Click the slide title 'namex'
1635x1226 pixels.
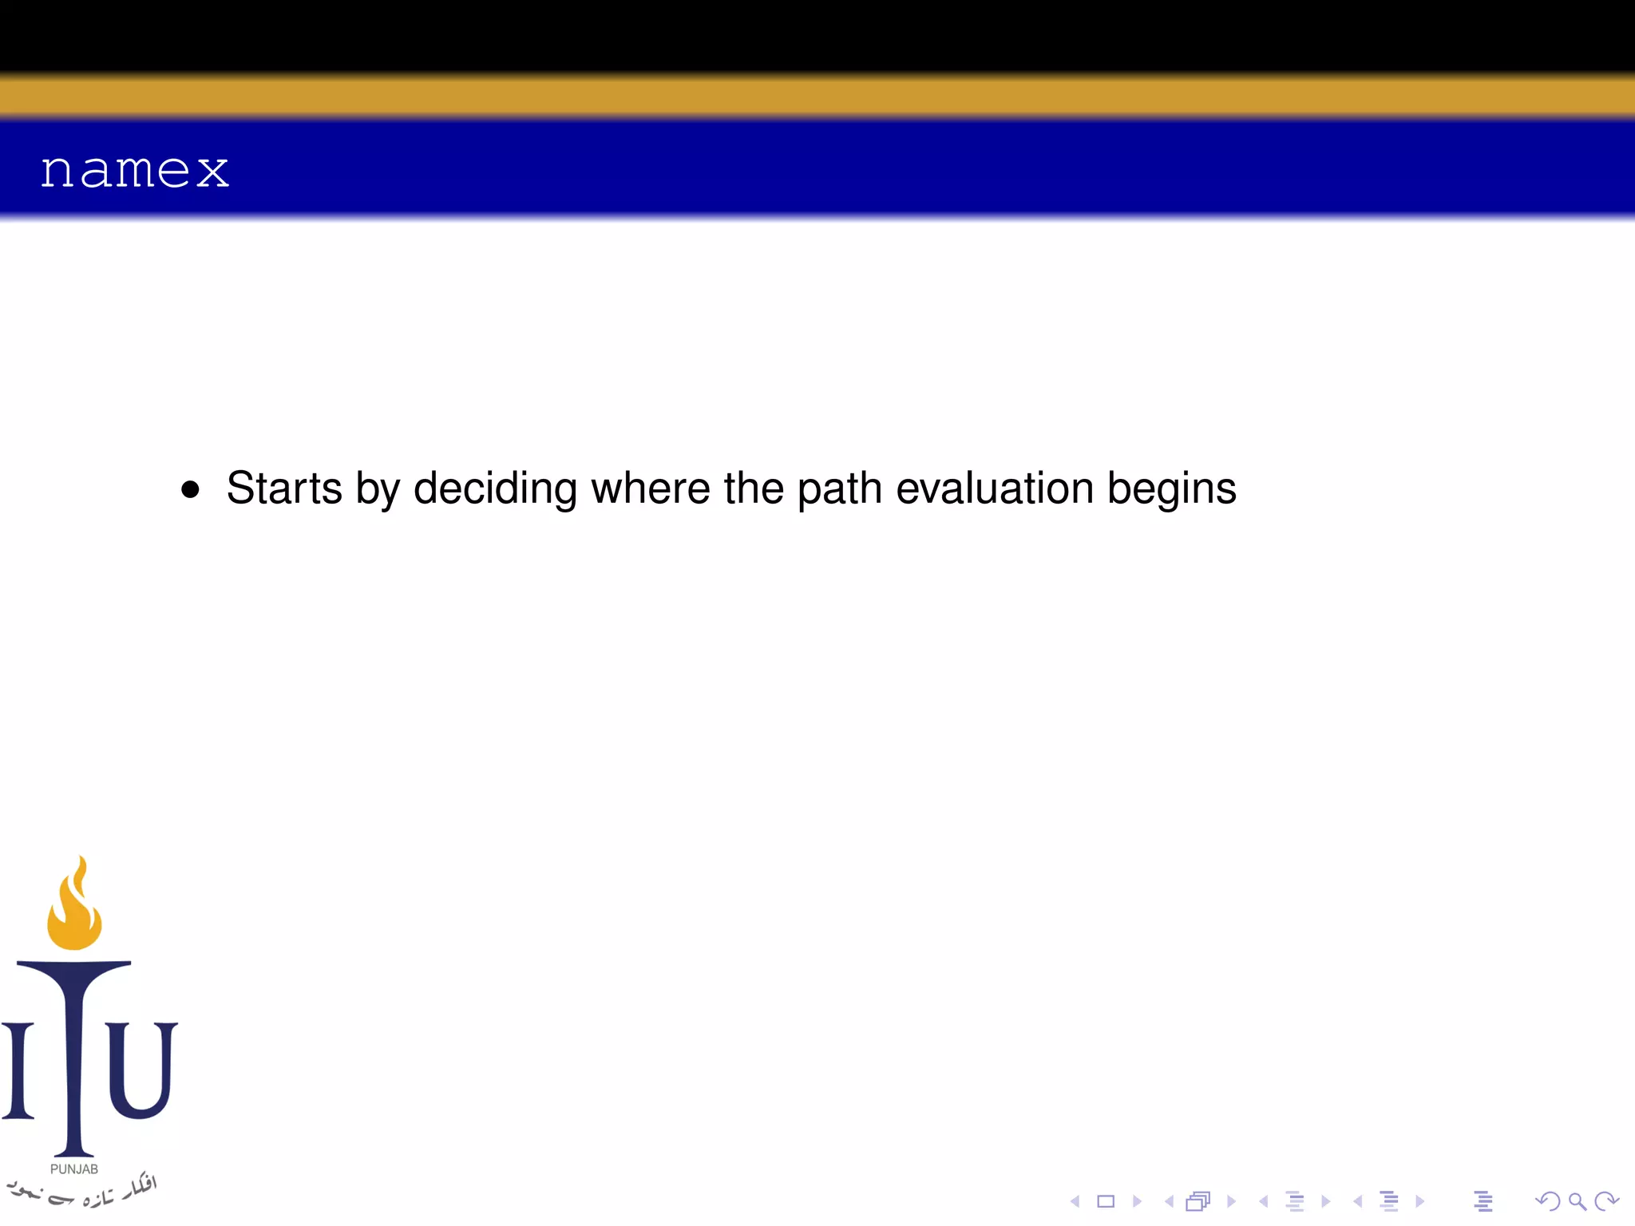(135, 170)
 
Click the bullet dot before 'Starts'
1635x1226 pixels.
(190, 489)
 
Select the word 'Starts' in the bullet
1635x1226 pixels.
(284, 488)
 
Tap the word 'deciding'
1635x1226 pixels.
(495, 488)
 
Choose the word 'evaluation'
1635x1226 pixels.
(995, 488)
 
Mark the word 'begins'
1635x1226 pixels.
(1171, 489)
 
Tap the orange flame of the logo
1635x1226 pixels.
(74, 910)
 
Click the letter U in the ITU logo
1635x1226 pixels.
(141, 1070)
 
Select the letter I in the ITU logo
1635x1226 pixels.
(18, 1070)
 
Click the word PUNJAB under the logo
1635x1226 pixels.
(74, 1169)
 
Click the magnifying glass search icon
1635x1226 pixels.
(1577, 1201)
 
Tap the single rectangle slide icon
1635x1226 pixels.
(1106, 1201)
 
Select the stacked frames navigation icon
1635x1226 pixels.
(1198, 1201)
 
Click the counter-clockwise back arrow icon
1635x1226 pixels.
(1547, 1201)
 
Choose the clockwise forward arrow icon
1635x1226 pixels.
(1606, 1201)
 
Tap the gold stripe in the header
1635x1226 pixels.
(817, 96)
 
